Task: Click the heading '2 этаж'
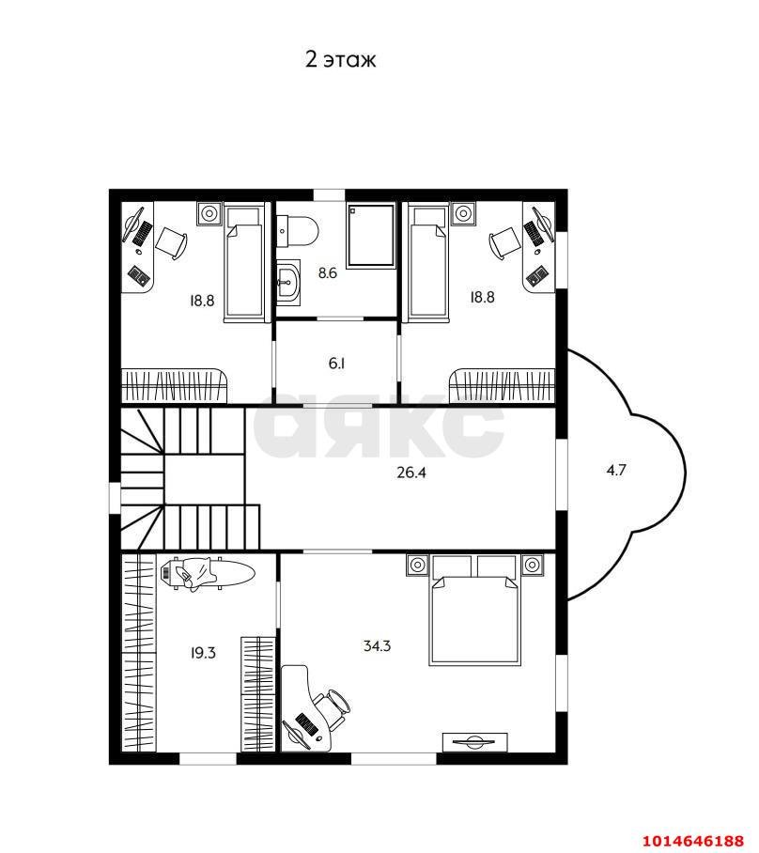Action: click(x=341, y=59)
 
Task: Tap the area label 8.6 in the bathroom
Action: click(x=328, y=272)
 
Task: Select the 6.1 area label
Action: click(x=337, y=363)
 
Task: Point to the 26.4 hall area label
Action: click(x=411, y=473)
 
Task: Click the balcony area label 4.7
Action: click(x=616, y=470)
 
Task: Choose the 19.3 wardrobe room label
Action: click(x=203, y=652)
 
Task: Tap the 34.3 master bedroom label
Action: click(x=377, y=645)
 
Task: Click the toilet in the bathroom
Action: click(x=297, y=231)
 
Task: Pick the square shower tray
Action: click(x=370, y=236)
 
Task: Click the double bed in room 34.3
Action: click(x=474, y=610)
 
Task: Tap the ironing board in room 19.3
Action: click(x=208, y=573)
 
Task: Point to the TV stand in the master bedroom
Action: click(x=475, y=742)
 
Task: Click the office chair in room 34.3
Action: click(x=333, y=706)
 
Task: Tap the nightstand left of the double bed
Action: click(x=417, y=566)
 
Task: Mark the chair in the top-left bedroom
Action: click(x=171, y=242)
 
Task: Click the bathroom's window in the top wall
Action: click(x=329, y=194)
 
